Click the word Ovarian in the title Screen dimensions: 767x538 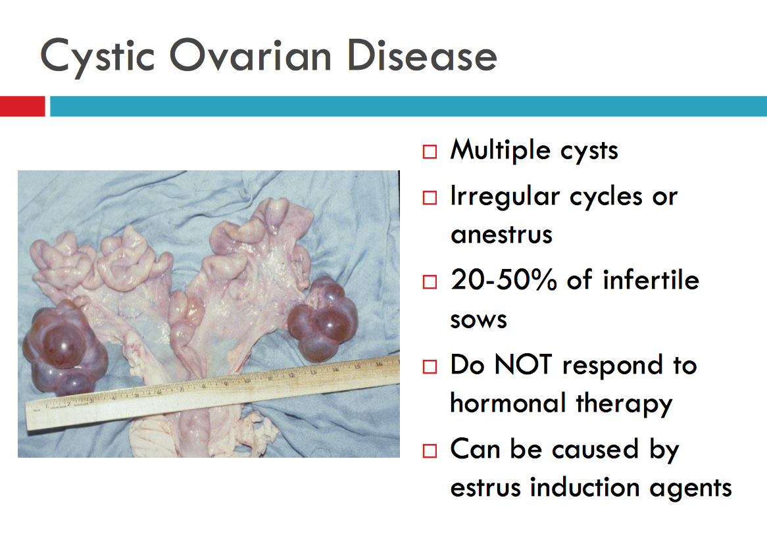(x=251, y=55)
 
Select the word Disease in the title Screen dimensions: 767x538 (x=422, y=55)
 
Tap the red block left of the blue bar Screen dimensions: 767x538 (x=22, y=106)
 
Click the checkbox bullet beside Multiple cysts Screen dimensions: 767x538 (x=430, y=152)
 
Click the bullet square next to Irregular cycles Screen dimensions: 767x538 (x=430, y=197)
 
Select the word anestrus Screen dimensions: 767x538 (x=501, y=235)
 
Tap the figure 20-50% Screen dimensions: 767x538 (x=504, y=280)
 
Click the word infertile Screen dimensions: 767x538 (x=651, y=280)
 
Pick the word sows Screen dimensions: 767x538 (x=478, y=320)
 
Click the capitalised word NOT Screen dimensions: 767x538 (x=524, y=364)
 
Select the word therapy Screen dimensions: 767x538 (x=624, y=405)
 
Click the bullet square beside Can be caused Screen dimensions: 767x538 (x=430, y=451)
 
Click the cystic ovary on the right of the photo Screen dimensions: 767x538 (x=323, y=319)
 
